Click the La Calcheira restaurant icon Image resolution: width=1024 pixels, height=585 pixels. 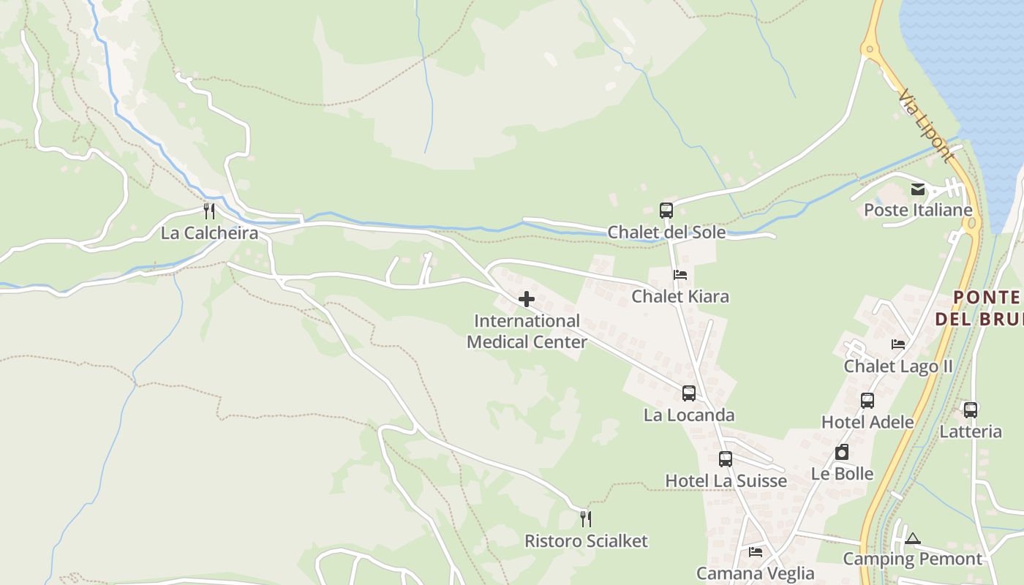point(209,211)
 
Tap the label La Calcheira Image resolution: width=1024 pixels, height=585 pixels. point(209,233)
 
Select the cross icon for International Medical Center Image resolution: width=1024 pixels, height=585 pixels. point(526,299)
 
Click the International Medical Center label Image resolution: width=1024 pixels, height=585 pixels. point(527,331)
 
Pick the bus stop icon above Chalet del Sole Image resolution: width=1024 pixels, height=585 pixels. point(666,211)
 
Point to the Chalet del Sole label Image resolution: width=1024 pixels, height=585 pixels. point(666,233)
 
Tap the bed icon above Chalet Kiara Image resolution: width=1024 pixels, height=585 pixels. point(680,275)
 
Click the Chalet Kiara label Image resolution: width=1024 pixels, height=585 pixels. point(680,296)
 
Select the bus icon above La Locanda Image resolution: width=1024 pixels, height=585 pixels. point(688,393)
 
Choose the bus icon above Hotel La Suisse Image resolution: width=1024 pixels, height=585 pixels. point(725,459)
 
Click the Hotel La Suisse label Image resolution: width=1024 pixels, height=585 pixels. point(726,480)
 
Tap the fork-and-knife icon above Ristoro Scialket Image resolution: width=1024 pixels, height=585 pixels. point(585,519)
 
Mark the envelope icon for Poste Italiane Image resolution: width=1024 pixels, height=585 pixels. point(917,190)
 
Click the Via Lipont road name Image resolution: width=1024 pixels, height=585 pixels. point(927,126)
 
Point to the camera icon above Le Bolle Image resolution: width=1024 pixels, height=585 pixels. point(842,453)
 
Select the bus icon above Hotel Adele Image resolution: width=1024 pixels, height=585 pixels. point(867,401)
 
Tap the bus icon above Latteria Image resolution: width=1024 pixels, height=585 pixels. point(970,410)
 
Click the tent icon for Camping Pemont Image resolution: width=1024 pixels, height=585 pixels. point(911,539)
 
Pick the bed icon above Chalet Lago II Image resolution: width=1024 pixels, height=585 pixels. point(898,344)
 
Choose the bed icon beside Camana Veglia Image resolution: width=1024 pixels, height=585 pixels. point(755,552)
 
